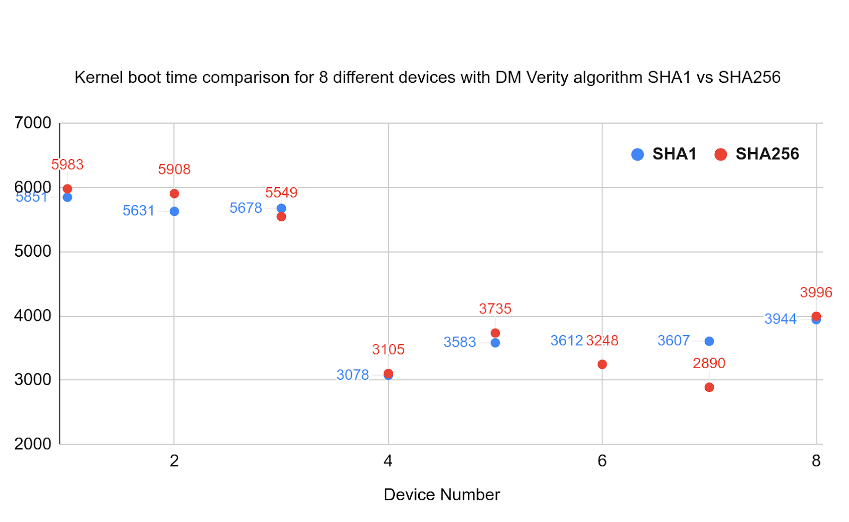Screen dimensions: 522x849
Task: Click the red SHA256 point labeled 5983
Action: [x=67, y=189]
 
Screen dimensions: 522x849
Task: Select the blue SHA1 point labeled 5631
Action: [x=174, y=211]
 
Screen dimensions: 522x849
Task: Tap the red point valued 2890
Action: [x=709, y=387]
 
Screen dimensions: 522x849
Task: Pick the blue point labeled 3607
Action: [x=709, y=341]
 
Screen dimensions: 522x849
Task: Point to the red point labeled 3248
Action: [x=602, y=364]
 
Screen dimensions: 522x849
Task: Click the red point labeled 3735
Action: [x=495, y=333]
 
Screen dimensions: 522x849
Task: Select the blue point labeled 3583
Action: [x=495, y=343]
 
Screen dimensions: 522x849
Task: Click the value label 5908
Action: [x=174, y=169]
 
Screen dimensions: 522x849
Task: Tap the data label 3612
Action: [x=566, y=341]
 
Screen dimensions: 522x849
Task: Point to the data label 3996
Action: [x=816, y=292]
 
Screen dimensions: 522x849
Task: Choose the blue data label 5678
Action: [x=246, y=208]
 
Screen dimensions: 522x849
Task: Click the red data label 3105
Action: [x=388, y=350]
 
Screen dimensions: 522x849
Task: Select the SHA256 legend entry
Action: [x=757, y=154]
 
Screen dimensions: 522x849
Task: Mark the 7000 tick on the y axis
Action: [x=33, y=123]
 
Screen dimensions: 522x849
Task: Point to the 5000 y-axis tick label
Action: [x=33, y=251]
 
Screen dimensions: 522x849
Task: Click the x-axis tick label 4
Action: [x=388, y=461]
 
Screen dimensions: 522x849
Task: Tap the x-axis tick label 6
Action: [x=602, y=461]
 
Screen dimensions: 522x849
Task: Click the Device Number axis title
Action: [x=441, y=494]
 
